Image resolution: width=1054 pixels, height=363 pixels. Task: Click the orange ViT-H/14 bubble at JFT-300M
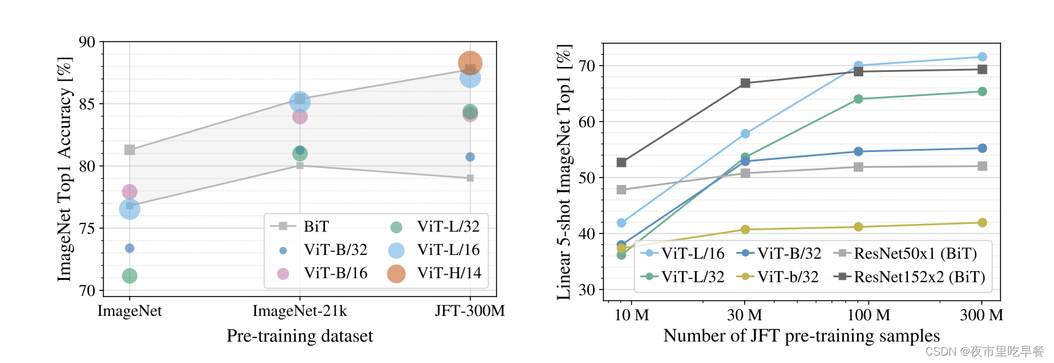(470, 63)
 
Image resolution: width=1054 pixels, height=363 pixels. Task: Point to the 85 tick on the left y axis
(87, 104)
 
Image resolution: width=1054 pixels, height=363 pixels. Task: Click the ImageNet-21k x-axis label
(300, 311)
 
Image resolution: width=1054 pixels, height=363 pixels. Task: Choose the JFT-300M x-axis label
(469, 311)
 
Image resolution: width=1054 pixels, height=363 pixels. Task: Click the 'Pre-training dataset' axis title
(300, 336)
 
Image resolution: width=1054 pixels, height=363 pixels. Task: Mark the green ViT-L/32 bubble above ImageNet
(129, 276)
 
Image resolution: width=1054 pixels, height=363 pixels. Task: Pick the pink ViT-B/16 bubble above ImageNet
(129, 192)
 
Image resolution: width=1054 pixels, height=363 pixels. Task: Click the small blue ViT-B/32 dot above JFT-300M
(470, 157)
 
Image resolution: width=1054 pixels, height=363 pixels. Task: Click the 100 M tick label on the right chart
(868, 315)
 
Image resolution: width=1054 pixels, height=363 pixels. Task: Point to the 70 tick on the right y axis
(587, 66)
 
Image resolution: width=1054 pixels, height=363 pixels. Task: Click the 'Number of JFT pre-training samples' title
(801, 336)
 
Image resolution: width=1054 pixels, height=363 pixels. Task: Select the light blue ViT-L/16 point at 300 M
(982, 57)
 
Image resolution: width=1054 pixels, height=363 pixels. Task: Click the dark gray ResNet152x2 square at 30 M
(745, 83)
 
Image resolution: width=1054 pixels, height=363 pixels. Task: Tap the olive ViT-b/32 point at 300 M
(982, 223)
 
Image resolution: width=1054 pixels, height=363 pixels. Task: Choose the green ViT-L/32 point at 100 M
(858, 99)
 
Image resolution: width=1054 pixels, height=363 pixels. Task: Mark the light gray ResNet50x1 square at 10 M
(621, 190)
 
